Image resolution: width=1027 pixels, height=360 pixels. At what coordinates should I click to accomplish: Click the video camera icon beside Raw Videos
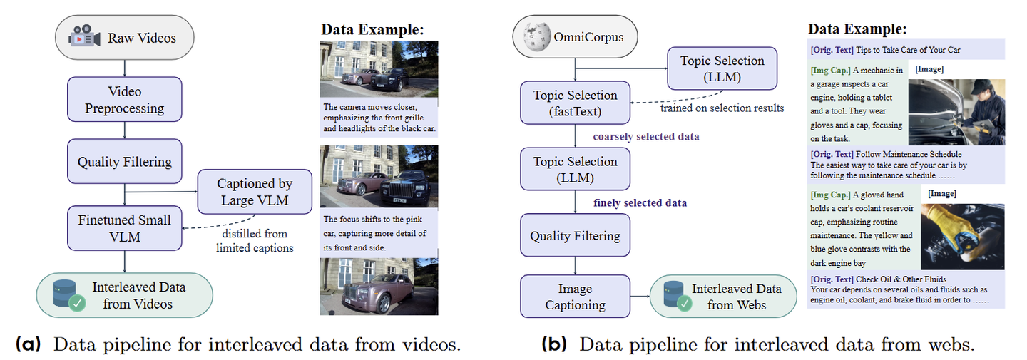click(x=84, y=37)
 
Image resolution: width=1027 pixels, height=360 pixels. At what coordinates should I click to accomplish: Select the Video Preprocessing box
click(x=125, y=101)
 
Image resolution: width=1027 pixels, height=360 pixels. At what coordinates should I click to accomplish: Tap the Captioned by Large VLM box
click(x=254, y=192)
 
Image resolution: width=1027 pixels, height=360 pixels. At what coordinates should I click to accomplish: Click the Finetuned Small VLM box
click(x=125, y=228)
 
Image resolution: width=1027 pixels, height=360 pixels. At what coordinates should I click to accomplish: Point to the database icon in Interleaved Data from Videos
click(x=66, y=295)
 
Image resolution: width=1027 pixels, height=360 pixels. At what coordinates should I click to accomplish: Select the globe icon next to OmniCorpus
click(x=536, y=37)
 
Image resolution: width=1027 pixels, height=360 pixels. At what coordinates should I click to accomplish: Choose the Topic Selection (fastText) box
click(x=576, y=104)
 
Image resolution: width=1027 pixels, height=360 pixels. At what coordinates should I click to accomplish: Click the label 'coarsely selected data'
click(x=646, y=136)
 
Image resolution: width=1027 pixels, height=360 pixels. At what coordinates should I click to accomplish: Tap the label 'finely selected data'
click(x=640, y=203)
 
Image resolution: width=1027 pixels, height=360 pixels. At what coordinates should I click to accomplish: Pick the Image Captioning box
click(x=576, y=297)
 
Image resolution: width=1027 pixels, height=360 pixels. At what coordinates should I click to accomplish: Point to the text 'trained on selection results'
click(x=722, y=108)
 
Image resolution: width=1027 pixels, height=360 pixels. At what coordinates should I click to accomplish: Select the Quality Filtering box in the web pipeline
click(x=576, y=235)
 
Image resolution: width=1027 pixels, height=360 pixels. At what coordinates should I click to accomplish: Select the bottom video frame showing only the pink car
click(x=379, y=286)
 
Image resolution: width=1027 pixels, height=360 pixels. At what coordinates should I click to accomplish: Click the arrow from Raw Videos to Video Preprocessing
click(x=125, y=67)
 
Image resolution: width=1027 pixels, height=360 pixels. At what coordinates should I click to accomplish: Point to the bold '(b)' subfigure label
click(x=554, y=346)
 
